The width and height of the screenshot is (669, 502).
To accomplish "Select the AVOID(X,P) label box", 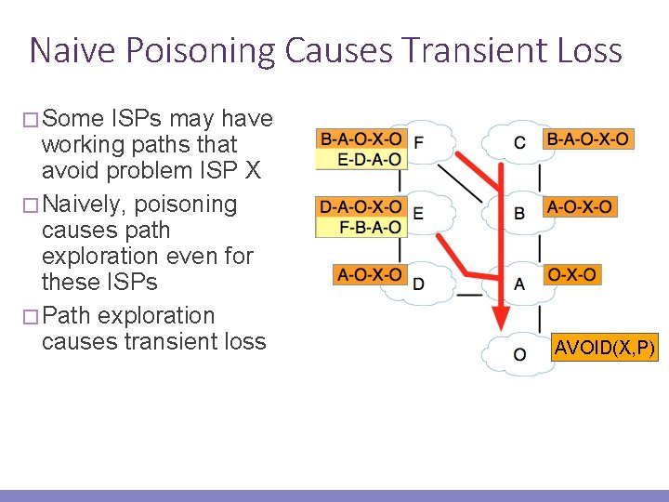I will click(x=604, y=350).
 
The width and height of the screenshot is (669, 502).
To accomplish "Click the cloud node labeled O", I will click(x=518, y=354).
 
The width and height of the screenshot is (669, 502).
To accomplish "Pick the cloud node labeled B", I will click(x=518, y=213).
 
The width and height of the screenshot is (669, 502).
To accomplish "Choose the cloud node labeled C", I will click(x=518, y=142).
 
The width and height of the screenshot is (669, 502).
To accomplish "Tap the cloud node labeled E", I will click(x=419, y=213).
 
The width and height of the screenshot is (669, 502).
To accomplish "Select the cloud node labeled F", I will click(x=419, y=142).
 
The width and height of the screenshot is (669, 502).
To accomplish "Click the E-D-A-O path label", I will click(x=369, y=159).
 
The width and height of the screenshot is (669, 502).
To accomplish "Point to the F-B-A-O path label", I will click(x=369, y=226).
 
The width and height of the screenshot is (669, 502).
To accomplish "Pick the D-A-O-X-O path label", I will click(x=361, y=206).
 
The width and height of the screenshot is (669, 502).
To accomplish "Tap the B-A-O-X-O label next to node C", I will click(x=587, y=139).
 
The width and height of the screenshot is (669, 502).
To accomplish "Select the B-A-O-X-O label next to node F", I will click(x=361, y=139).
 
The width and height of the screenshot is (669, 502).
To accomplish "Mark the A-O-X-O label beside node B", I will click(x=579, y=206).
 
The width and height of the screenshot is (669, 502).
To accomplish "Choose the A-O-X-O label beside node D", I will click(x=369, y=274).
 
